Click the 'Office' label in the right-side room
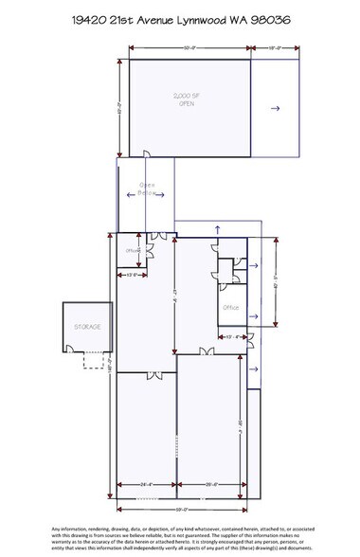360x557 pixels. (x=228, y=308)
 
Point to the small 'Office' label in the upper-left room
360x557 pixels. (x=132, y=250)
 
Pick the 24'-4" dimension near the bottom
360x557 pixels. (x=145, y=486)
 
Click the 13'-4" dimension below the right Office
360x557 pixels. (x=230, y=336)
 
